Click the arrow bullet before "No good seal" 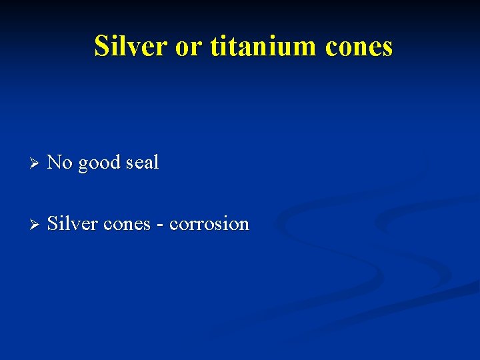point(36,163)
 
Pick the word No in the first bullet point(60,162)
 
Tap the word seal point(141,162)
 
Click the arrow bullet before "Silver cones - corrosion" point(36,224)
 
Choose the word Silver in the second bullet point(72,223)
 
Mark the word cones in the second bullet point(127,225)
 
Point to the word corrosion point(209,224)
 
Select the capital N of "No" point(54,162)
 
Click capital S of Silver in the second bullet point(53,223)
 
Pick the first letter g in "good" point(83,165)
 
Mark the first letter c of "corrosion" point(173,225)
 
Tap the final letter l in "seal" point(157,162)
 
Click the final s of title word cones point(387,48)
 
